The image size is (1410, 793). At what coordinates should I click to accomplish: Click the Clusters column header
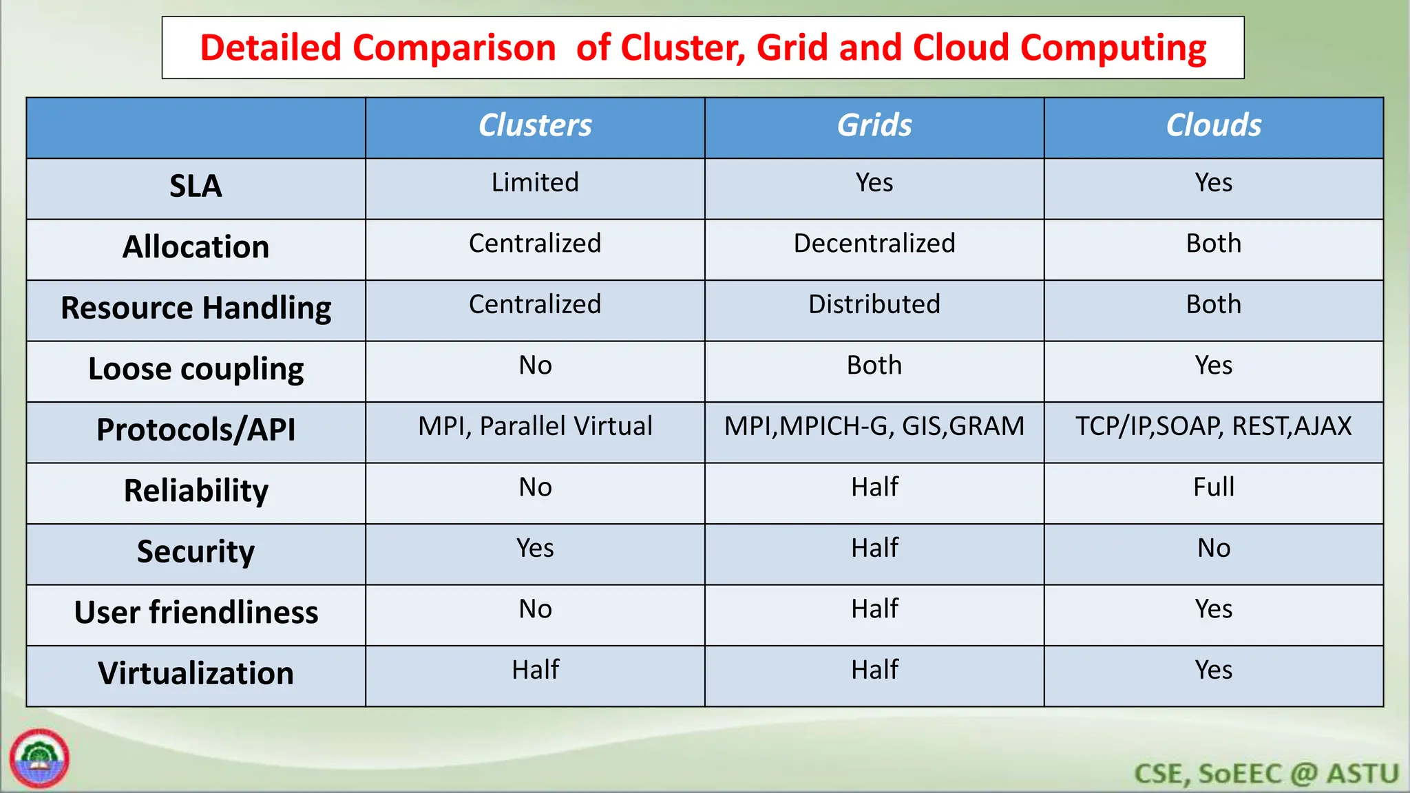(x=535, y=126)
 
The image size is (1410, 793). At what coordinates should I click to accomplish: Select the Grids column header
(x=874, y=126)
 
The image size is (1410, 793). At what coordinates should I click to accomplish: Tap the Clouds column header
(x=1213, y=126)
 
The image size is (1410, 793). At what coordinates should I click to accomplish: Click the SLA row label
(x=196, y=187)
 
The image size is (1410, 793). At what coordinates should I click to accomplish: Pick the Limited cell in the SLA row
(x=535, y=183)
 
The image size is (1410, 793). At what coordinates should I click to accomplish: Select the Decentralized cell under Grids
(x=874, y=244)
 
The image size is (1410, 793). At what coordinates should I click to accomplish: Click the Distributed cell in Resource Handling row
(x=874, y=304)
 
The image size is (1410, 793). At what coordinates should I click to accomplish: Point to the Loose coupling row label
(x=196, y=370)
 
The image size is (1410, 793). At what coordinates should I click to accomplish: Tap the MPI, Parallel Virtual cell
(x=535, y=427)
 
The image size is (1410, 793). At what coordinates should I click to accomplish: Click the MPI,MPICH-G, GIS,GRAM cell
(x=874, y=427)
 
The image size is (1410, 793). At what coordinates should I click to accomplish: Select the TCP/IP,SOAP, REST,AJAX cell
(x=1213, y=427)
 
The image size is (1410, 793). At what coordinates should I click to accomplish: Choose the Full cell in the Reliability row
(x=1213, y=487)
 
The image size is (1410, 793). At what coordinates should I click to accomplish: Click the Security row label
(x=196, y=552)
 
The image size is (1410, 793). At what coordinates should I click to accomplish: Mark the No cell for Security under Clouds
(x=1213, y=549)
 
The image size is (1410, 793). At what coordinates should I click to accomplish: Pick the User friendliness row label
(x=196, y=613)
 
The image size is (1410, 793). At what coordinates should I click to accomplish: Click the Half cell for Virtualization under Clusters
(x=535, y=670)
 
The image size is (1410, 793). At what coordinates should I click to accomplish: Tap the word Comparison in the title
(x=454, y=49)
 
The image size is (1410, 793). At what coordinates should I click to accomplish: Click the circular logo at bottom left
(x=40, y=759)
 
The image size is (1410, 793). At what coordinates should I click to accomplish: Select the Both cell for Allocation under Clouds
(x=1213, y=244)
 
